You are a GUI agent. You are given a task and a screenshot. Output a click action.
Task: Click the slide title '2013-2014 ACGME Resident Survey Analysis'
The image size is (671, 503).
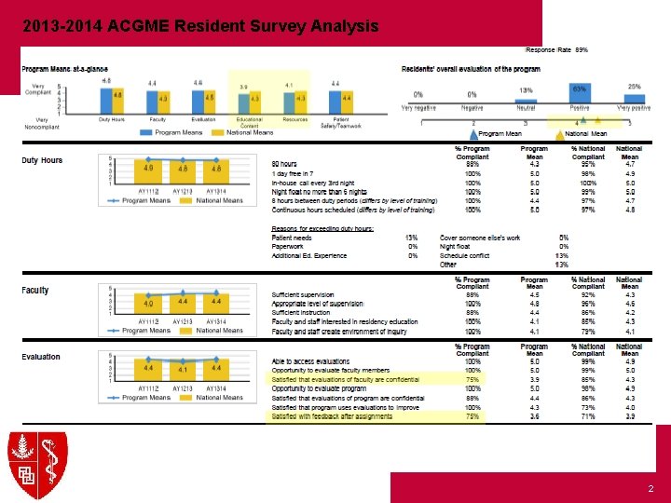(x=200, y=25)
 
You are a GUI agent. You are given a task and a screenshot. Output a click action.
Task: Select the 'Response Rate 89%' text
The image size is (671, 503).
(x=557, y=48)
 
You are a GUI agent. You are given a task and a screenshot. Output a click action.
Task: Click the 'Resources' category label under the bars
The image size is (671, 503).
(x=294, y=119)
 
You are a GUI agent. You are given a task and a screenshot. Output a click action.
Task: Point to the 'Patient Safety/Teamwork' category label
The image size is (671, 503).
(x=340, y=122)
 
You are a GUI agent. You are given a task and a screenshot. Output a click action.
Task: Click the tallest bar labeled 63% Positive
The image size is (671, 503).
(x=579, y=94)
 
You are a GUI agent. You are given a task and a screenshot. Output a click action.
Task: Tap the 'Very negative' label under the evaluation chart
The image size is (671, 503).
(x=420, y=108)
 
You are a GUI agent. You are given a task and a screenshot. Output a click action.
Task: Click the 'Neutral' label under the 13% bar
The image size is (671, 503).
(x=526, y=108)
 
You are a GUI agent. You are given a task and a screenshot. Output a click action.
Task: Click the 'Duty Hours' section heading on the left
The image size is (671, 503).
(x=42, y=160)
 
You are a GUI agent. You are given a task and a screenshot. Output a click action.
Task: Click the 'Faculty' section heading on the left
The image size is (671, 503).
(x=35, y=291)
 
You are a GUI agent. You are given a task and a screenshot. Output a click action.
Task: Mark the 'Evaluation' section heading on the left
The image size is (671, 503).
(x=41, y=357)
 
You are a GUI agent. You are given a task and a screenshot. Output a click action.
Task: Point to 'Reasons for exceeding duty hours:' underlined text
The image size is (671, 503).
(x=321, y=228)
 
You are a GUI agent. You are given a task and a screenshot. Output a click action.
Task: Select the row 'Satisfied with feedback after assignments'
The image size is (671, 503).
(x=332, y=416)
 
